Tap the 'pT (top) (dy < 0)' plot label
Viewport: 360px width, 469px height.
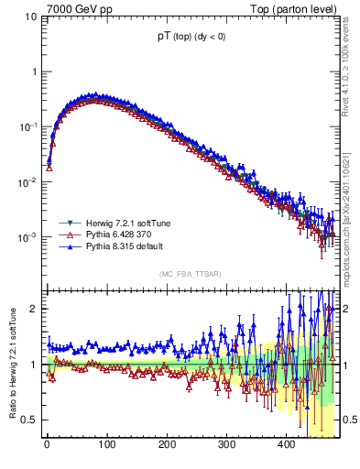pos(192,39)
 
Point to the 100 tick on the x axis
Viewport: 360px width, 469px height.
pos(106,444)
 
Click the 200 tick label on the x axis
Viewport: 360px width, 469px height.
pos(167,444)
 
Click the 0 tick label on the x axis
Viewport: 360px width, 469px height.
pos(47,444)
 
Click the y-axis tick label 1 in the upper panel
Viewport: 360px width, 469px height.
pos(34,71)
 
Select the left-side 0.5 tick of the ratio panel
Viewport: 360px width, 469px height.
pos(29,420)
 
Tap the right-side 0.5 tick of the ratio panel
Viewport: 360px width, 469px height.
pos(349,420)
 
